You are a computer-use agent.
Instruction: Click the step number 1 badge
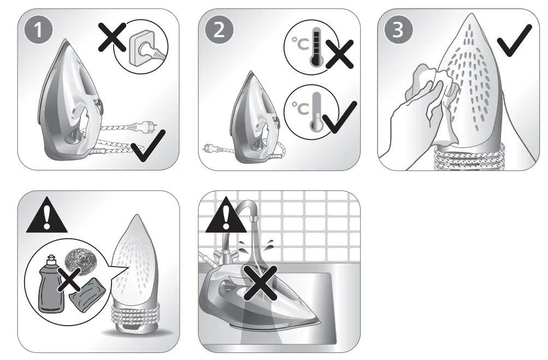pyautogui.click(x=38, y=29)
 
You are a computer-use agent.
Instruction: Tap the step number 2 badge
pyautogui.click(x=219, y=29)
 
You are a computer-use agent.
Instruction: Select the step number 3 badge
pyautogui.click(x=398, y=29)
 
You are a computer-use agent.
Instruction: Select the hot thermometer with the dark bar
pyautogui.click(x=314, y=51)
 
